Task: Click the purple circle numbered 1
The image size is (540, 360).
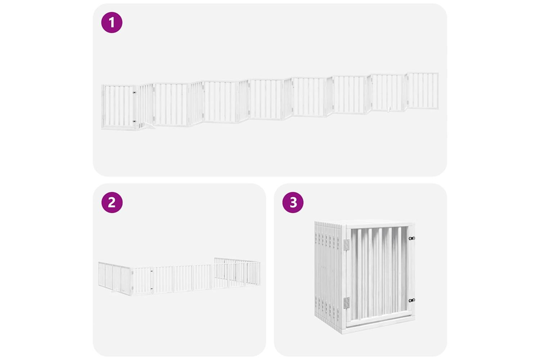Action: click(112, 22)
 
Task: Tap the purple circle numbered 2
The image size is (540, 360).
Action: click(112, 202)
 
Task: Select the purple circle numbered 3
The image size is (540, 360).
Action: click(293, 202)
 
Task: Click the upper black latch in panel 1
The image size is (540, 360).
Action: click(135, 93)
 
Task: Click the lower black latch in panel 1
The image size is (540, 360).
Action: click(135, 121)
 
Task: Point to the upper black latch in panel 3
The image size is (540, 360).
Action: click(411, 238)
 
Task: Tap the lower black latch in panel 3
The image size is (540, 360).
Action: click(411, 301)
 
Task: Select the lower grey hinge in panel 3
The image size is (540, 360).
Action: click(347, 303)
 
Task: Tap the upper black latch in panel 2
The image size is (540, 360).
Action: click(152, 271)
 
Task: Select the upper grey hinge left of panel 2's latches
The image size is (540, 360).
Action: click(132, 273)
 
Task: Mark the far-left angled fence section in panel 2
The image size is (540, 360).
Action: click(114, 277)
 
